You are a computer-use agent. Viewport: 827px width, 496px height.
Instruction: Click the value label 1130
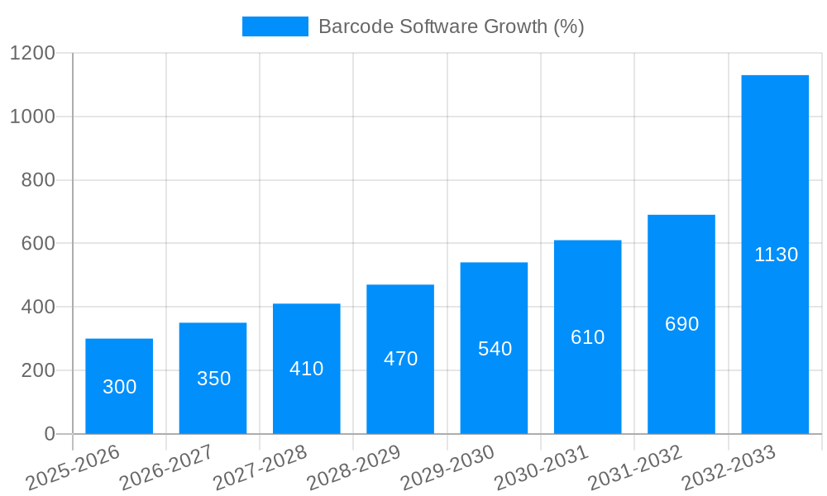776,255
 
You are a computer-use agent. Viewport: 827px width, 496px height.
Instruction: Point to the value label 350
213,379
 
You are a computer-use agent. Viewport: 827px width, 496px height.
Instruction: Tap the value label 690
681,324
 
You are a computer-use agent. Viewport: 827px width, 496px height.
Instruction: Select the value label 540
495,349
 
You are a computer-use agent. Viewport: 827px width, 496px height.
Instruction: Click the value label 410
306,369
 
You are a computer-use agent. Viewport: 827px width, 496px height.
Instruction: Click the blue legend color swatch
275,26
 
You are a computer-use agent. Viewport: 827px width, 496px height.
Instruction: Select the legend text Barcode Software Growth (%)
451,26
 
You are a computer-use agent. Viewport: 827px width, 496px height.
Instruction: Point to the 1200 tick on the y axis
32,54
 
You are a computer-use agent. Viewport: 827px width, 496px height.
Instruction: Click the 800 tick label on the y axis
37,180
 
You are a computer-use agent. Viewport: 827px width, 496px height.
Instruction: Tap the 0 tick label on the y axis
49,434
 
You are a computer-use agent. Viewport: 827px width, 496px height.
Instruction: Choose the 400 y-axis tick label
37,308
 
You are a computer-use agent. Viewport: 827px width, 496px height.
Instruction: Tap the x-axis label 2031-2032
635,467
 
